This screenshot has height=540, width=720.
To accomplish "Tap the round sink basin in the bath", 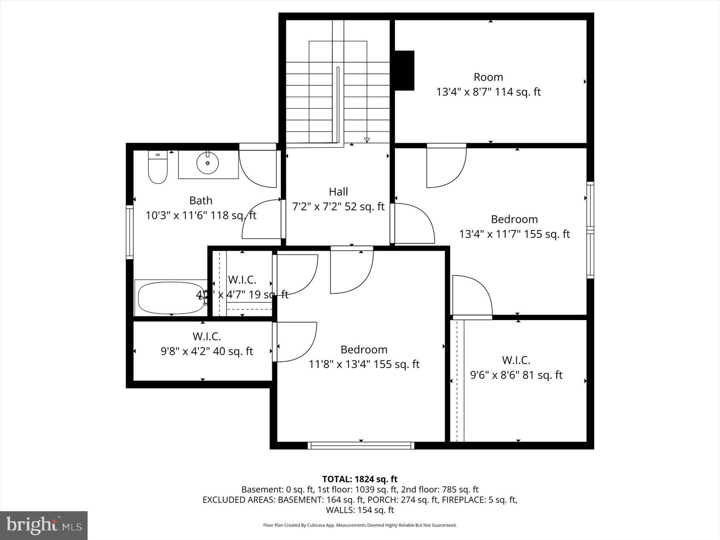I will point(208,163).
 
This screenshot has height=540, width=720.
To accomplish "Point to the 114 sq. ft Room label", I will point(488,84).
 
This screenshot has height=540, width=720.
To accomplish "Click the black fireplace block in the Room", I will point(405,70).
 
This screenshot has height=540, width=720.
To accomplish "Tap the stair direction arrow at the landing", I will point(367,140).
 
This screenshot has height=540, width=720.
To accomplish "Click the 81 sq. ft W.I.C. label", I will point(516,368).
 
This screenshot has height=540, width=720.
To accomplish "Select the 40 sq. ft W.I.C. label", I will point(207,344).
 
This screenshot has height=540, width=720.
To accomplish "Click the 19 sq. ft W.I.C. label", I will point(242,287).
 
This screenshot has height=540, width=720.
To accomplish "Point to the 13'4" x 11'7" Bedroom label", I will point(514,226).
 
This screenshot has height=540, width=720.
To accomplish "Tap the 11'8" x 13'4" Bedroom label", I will point(364,357).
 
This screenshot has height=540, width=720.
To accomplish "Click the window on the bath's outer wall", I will point(130,232).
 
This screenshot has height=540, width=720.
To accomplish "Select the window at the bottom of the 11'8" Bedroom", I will point(361,445).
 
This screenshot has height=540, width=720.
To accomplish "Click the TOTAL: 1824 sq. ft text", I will point(360,479).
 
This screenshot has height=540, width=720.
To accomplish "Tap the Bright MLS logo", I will point(44,525).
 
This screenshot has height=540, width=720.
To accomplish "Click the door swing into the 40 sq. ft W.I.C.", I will point(294,342).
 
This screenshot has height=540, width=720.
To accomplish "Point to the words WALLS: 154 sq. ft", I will point(360,510).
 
